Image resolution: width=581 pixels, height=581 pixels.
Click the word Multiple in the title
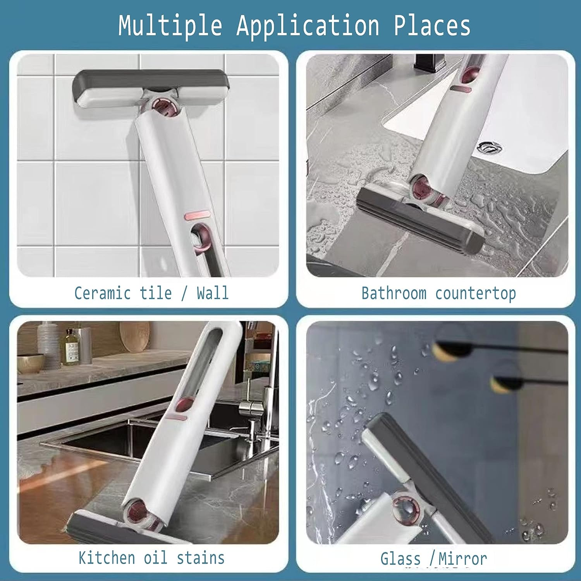(x=170, y=26)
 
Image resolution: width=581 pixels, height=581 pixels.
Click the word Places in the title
(x=432, y=26)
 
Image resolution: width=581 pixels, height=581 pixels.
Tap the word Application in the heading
(x=308, y=26)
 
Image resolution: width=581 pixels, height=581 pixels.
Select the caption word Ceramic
(x=102, y=293)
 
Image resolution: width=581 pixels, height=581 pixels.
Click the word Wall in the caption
(x=213, y=293)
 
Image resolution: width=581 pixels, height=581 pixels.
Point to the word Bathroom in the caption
(x=394, y=293)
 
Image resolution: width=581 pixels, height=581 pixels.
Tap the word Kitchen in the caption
(x=107, y=558)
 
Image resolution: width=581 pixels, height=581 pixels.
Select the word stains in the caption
(x=201, y=558)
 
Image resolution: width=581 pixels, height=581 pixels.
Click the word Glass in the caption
(x=401, y=559)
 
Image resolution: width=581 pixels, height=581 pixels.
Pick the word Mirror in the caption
(x=463, y=559)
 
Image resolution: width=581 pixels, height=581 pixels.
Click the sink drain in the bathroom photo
(x=490, y=147)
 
